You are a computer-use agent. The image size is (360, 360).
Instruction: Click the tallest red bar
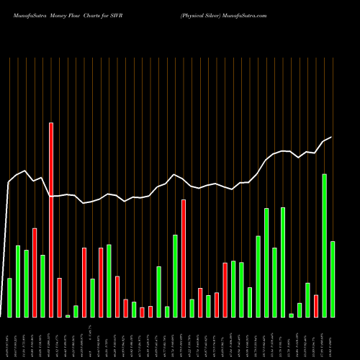[x=51, y=220]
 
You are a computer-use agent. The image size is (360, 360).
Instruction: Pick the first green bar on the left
[x=9, y=297]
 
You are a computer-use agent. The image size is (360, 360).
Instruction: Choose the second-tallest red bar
[x=184, y=258]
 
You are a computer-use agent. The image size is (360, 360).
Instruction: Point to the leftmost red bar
[x=35, y=273]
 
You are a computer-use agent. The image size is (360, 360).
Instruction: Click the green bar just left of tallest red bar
[x=42, y=286]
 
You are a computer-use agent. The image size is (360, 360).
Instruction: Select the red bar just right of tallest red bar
[x=59, y=297]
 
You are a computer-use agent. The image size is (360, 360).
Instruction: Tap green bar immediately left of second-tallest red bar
[x=175, y=276]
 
